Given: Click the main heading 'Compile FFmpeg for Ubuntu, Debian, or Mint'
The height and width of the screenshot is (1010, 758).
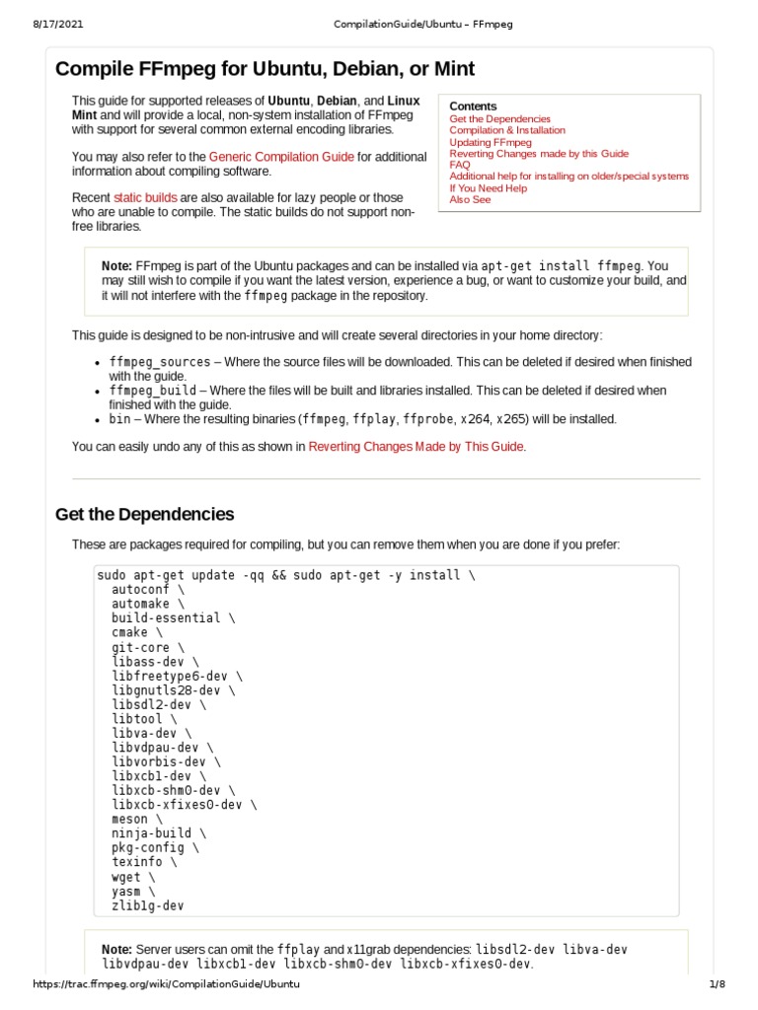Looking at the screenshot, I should (x=265, y=69).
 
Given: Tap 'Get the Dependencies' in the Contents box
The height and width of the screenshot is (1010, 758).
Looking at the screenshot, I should (x=499, y=118).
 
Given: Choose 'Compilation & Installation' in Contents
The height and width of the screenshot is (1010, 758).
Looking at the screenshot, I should (x=507, y=130).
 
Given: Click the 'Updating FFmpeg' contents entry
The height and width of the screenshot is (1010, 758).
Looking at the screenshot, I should (x=491, y=142).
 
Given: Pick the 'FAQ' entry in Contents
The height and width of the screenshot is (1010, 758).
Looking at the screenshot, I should (x=460, y=165).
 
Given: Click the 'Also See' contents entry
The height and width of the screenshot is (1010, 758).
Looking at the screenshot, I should (x=470, y=199).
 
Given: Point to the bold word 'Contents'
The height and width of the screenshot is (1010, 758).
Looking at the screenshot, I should (x=473, y=106).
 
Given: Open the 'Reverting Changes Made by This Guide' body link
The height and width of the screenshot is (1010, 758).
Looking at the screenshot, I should (x=416, y=447).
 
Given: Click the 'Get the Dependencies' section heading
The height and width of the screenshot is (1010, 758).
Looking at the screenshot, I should (x=144, y=514).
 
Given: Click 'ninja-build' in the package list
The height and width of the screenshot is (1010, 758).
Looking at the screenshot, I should (x=151, y=833).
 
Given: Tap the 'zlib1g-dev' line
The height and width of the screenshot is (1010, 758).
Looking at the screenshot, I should (x=147, y=904).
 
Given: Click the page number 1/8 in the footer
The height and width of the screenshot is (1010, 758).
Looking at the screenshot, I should (x=717, y=984).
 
